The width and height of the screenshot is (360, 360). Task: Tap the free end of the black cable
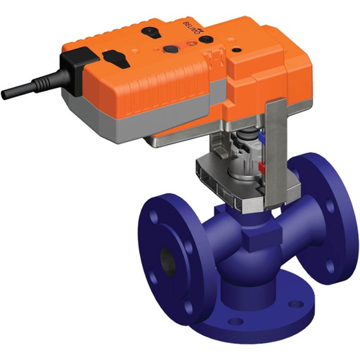[6, 94]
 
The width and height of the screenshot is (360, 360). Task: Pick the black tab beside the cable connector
[115, 55]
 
